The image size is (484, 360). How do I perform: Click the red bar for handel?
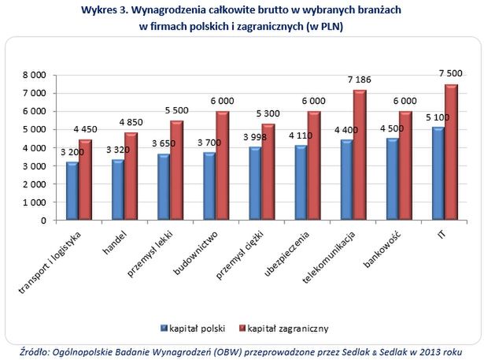131,176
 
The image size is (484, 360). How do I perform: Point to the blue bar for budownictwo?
209,187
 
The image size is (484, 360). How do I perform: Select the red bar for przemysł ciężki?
268,173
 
